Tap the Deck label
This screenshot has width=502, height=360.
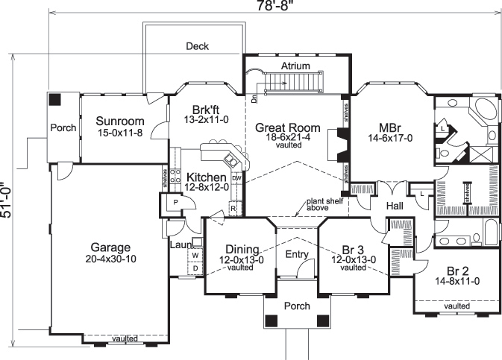tap(198, 46)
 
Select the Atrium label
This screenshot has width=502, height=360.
tap(295, 66)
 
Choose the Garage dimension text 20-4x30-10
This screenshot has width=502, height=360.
tap(110, 259)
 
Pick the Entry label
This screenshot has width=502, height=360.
tap(297, 255)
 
